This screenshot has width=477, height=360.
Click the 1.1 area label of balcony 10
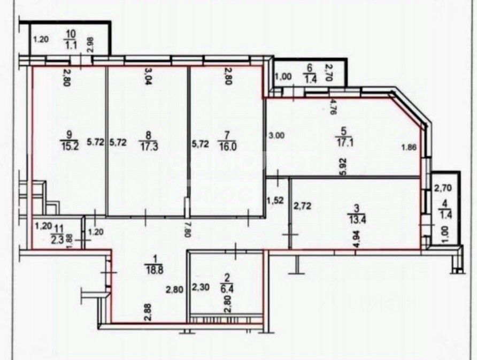pyautogui.click(x=70, y=45)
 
